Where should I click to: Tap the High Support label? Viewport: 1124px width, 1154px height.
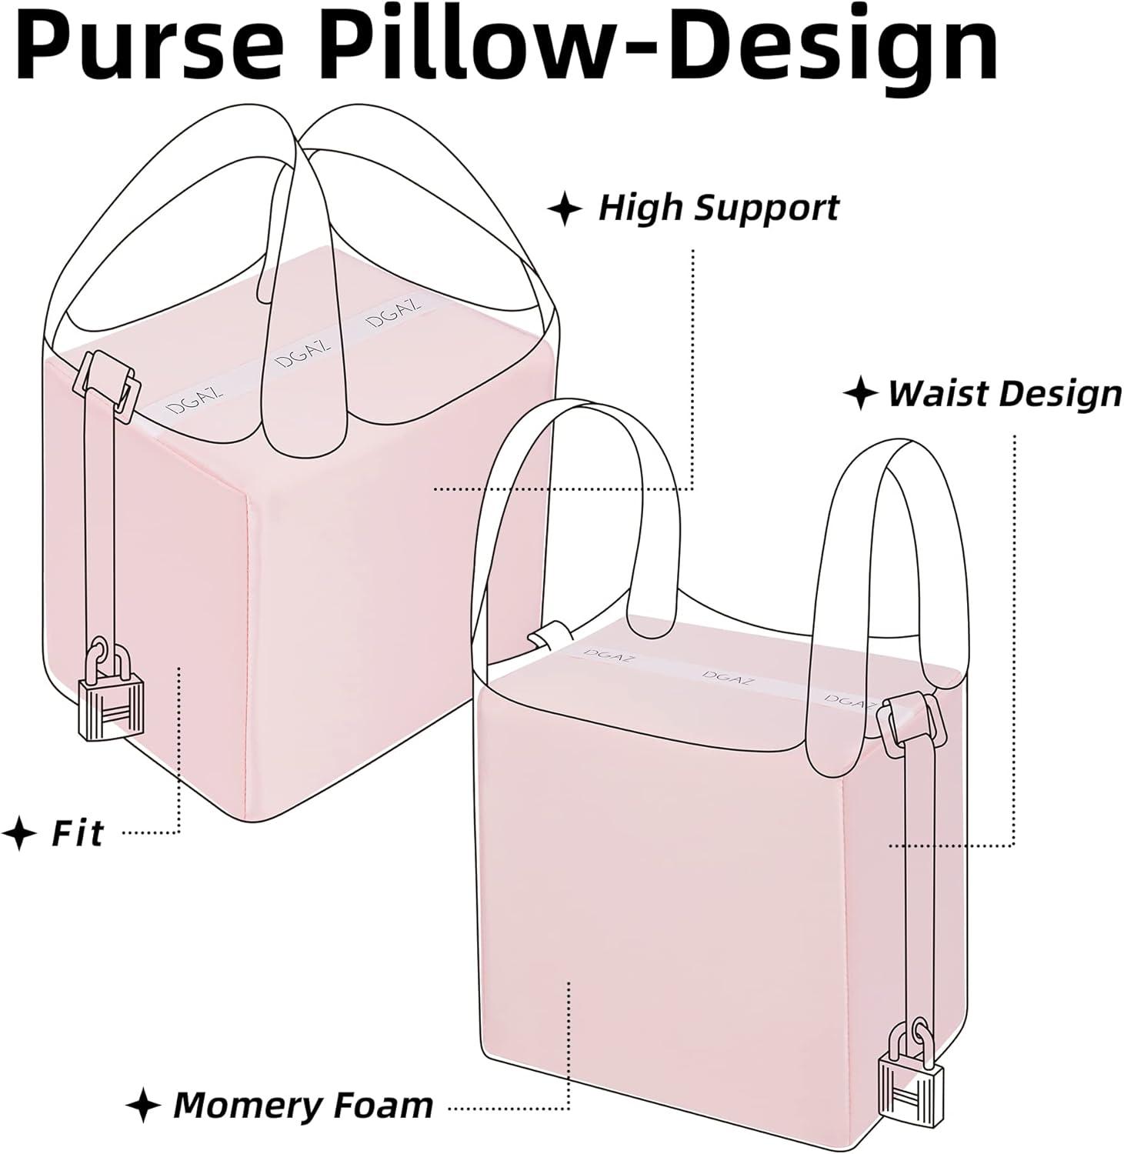click(x=718, y=208)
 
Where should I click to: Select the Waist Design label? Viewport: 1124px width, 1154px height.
click(x=1005, y=393)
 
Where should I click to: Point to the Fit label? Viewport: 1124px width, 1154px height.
click(x=77, y=833)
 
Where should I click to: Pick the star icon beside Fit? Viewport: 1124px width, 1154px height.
click(x=18, y=833)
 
